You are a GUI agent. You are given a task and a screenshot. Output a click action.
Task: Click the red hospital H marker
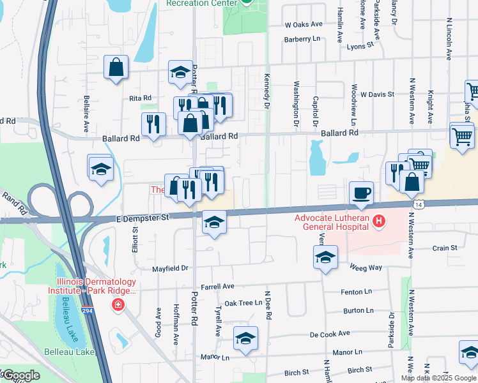380,222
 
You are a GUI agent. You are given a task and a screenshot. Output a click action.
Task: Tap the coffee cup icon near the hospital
361,192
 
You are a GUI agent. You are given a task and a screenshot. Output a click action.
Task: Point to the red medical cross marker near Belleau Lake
118,306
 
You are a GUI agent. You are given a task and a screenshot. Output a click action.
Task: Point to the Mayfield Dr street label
170,269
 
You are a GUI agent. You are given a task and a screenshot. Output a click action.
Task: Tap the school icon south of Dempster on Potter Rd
214,223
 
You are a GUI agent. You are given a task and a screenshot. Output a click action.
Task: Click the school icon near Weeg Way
325,257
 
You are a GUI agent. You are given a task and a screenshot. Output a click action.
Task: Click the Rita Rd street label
140,98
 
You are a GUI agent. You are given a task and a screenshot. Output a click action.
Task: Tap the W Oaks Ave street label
305,24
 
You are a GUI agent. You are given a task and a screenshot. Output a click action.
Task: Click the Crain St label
445,248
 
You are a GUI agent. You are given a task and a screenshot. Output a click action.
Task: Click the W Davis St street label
377,94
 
